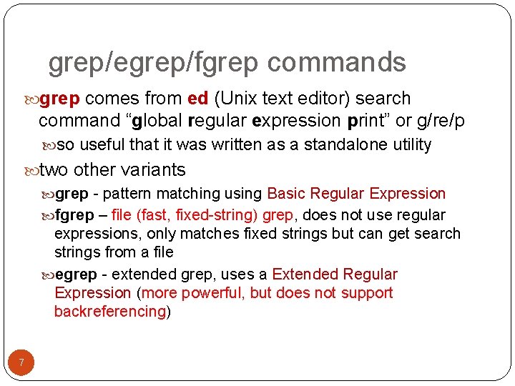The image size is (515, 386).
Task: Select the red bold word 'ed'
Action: click(x=197, y=99)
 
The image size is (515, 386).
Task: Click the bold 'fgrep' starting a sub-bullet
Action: click(x=74, y=215)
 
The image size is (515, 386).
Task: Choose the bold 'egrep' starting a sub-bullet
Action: click(x=76, y=274)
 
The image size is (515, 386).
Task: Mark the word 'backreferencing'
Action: click(x=110, y=312)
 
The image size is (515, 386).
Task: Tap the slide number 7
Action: click(x=21, y=363)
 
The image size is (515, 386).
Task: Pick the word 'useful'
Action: click(x=104, y=145)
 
